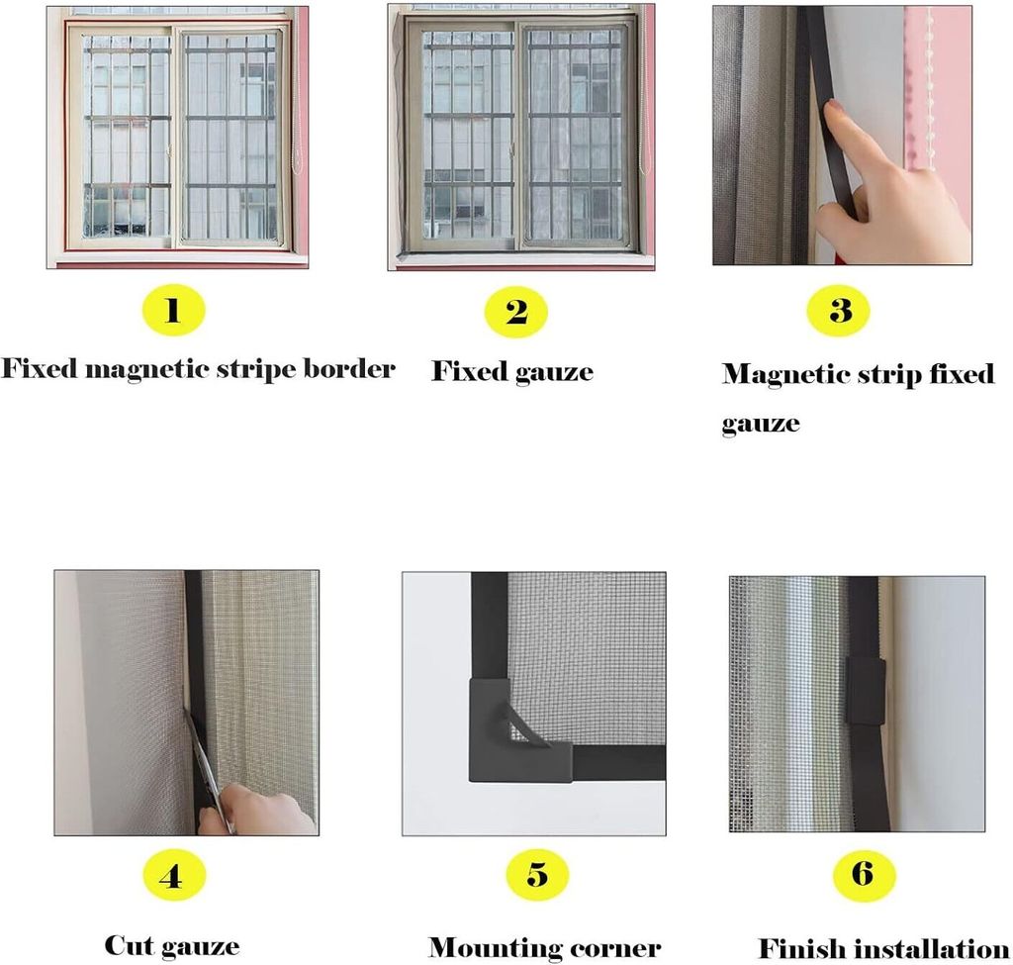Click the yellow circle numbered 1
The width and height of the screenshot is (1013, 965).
pyautogui.click(x=172, y=311)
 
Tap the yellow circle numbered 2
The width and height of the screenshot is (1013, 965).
pyautogui.click(x=515, y=312)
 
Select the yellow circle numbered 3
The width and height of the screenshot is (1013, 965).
pyautogui.click(x=839, y=310)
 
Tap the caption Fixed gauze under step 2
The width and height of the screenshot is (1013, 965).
pyautogui.click(x=511, y=372)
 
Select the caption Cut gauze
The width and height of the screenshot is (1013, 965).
pyautogui.click(x=172, y=945)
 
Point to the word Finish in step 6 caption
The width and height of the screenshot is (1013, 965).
pyautogui.click(x=799, y=947)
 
